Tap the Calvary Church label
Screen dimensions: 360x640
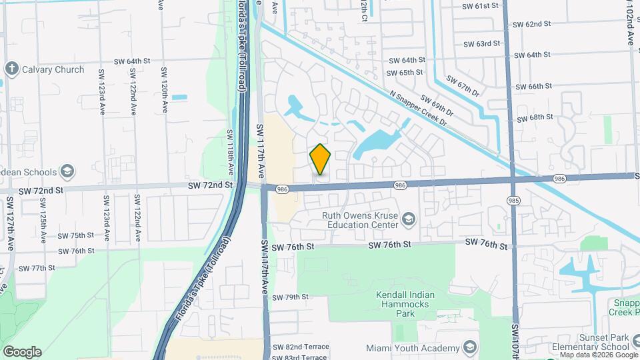[53, 69]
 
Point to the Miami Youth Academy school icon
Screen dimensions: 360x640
[471, 348]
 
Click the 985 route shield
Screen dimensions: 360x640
[513, 199]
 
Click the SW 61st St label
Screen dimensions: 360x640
[480, 5]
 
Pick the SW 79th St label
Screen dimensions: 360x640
[291, 297]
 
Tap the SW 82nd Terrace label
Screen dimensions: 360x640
[301, 348]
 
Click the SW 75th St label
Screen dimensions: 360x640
[76, 235]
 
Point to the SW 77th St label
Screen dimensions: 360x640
[37, 268]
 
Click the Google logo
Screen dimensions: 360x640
[22, 352]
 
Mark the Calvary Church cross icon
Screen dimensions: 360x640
[11, 69]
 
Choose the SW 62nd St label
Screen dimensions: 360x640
[532, 24]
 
